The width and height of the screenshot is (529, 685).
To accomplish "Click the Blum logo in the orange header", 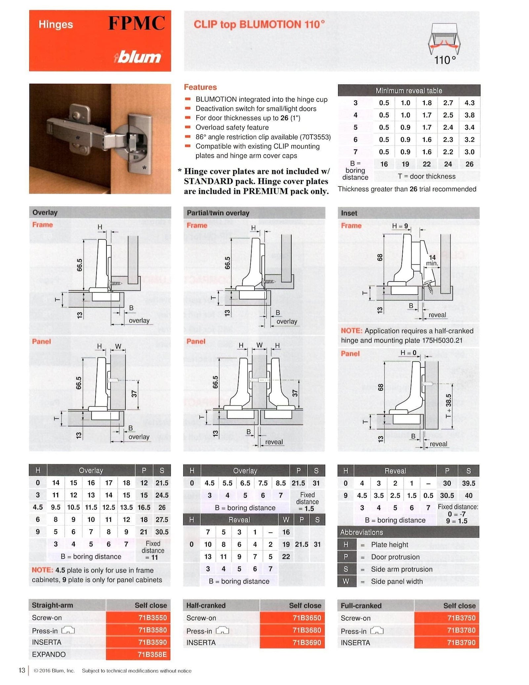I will (138, 57).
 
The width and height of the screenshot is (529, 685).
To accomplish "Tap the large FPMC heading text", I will (136, 23).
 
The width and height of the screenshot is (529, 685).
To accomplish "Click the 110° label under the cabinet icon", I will (445, 60).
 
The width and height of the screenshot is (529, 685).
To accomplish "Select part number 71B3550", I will (152, 618).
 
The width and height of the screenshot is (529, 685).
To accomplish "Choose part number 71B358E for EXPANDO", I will (152, 654).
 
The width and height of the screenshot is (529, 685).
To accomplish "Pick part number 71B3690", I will (307, 642).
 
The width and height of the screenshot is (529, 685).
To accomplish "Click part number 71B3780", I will (461, 630).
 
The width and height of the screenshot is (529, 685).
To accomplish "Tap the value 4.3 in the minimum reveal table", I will (469, 103).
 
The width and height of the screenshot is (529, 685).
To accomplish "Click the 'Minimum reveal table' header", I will (409, 91).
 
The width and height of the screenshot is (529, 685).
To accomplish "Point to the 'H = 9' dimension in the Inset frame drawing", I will (400, 226).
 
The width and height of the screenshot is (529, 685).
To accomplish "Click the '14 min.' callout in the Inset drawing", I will (432, 260).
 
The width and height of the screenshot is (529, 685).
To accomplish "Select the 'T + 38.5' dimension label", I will (448, 406).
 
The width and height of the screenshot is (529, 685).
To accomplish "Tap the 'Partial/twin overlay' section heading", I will (218, 213).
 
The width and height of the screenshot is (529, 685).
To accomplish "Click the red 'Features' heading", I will (200, 87).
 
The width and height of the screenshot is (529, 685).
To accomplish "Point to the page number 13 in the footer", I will (22, 670).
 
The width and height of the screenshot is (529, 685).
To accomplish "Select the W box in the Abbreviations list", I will (346, 581).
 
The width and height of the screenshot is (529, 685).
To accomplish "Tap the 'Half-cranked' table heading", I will (206, 605).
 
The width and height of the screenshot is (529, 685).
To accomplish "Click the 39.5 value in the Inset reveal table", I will (468, 483).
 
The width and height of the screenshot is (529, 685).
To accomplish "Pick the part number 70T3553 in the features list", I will (316, 137).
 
